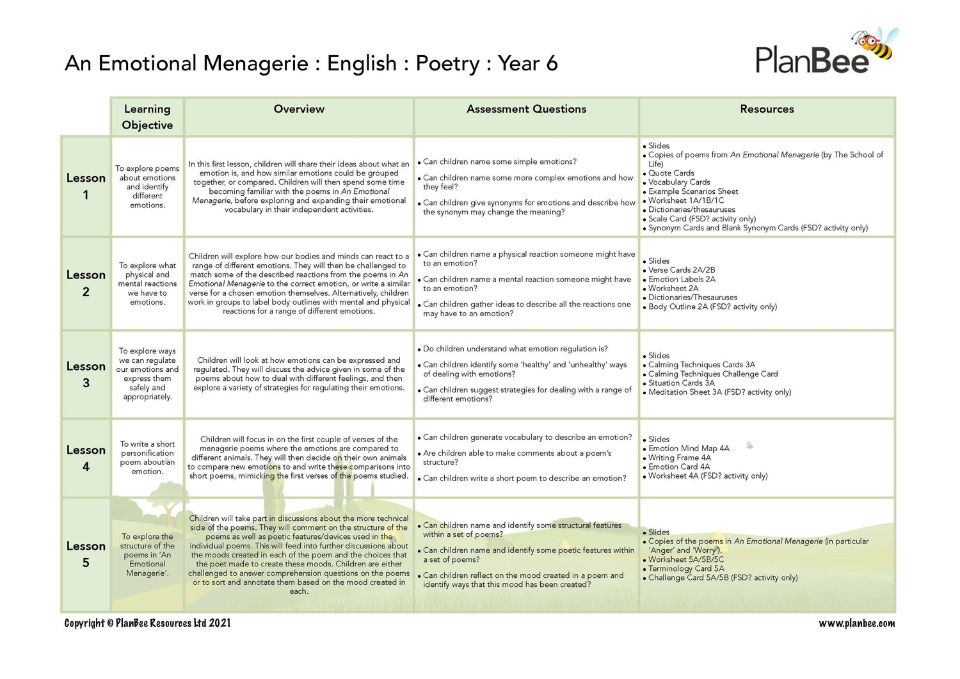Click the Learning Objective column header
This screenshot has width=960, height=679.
click(147, 117)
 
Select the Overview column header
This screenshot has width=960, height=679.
click(299, 109)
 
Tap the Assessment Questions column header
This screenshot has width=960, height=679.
click(526, 109)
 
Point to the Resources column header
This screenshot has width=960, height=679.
click(767, 109)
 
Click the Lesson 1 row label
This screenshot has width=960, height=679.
click(86, 186)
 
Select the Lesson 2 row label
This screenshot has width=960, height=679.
click(86, 283)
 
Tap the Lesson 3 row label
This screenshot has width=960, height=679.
click(86, 374)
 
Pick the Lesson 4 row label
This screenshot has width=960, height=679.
click(86, 458)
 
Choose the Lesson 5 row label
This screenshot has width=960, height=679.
click(86, 554)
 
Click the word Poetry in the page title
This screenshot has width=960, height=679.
click(447, 63)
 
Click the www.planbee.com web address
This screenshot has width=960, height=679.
click(856, 623)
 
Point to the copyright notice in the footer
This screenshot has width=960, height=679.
click(147, 623)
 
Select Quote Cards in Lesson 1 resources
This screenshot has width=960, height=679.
click(671, 173)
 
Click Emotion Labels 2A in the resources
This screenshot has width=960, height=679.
click(682, 279)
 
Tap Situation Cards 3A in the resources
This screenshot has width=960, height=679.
click(681, 383)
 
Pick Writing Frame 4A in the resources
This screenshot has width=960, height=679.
click(679, 458)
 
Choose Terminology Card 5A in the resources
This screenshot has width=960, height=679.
click(686, 568)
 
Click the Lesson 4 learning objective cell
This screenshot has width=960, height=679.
click(147, 458)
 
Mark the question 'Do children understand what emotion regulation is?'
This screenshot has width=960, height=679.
click(515, 349)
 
